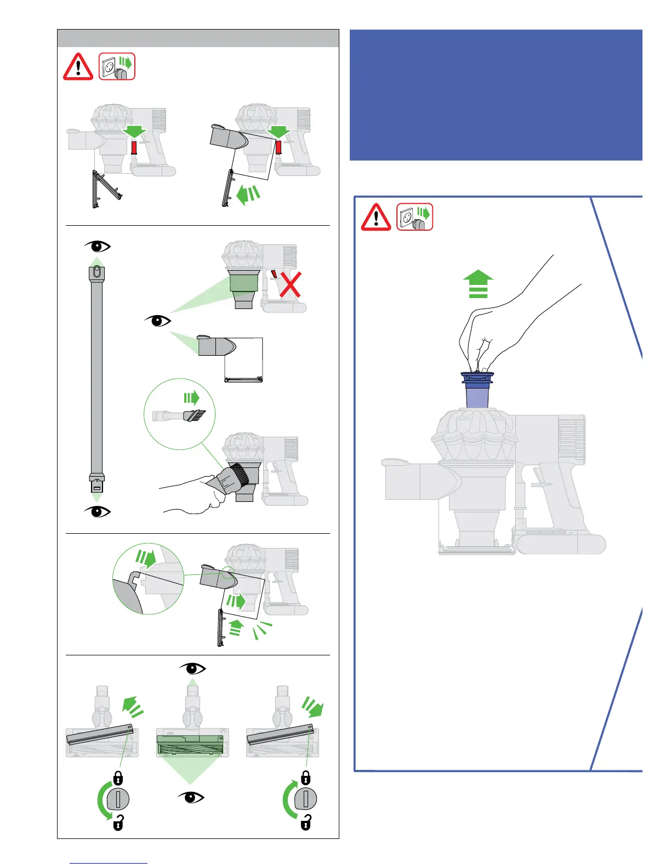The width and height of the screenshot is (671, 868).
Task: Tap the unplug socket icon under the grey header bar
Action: click(x=117, y=67)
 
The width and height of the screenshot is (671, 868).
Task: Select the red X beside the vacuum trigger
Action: click(x=291, y=284)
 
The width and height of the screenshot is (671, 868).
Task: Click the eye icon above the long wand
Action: click(x=97, y=246)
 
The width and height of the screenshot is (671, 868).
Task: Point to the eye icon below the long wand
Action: click(x=97, y=511)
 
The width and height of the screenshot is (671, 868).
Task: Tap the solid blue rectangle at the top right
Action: click(x=496, y=95)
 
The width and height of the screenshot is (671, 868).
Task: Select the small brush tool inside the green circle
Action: click(x=179, y=416)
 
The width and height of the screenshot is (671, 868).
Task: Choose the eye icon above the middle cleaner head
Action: click(x=192, y=669)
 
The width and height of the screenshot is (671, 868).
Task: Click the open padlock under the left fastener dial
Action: click(x=118, y=823)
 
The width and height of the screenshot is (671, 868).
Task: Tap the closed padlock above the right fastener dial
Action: click(x=306, y=778)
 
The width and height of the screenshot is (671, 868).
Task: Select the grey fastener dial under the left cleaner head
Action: click(x=118, y=799)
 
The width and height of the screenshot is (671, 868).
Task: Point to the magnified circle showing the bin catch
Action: click(x=148, y=579)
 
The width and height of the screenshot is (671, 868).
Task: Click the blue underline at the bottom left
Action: click(x=109, y=864)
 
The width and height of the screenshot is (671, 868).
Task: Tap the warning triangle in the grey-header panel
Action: click(x=78, y=67)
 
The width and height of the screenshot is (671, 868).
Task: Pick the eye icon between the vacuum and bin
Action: click(x=158, y=321)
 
